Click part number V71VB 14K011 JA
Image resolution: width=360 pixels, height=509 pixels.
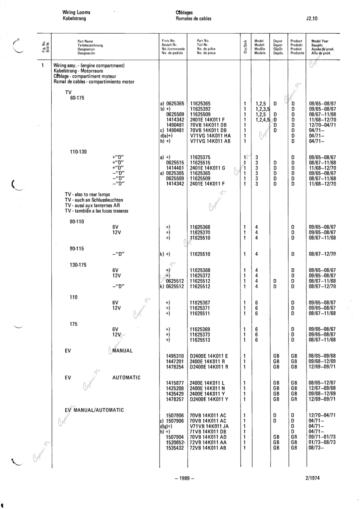(208, 426)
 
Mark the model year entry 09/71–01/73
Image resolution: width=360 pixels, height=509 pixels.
(322, 437)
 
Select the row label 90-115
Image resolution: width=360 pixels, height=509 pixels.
(77, 249)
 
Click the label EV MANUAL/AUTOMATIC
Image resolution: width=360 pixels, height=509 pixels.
(94, 410)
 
